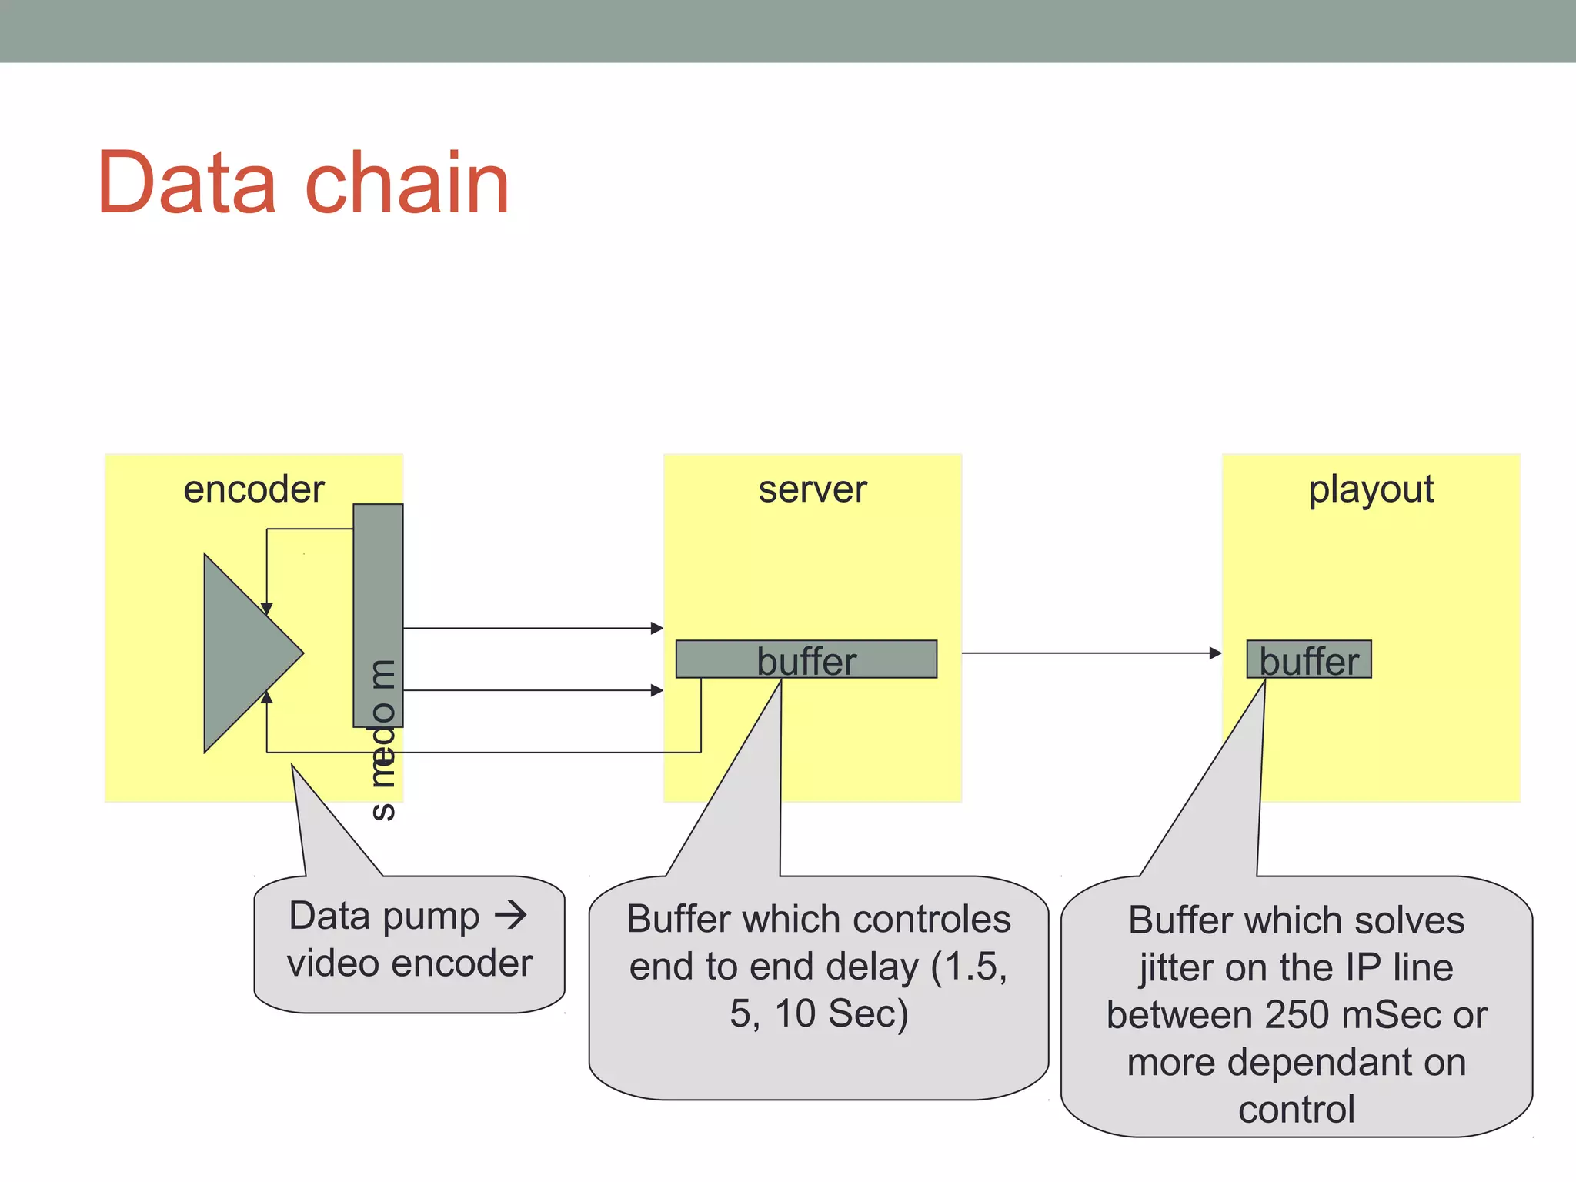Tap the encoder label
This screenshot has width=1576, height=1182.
[x=254, y=489]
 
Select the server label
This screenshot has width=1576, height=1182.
[x=813, y=489]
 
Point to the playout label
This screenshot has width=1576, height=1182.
[x=1371, y=489]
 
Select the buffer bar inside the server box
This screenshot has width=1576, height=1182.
[x=806, y=659]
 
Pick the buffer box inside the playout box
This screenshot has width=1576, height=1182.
[x=1308, y=659]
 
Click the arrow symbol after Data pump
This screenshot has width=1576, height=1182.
[x=510, y=916]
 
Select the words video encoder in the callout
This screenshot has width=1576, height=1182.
[x=409, y=963]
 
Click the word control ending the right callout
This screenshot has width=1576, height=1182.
[x=1296, y=1110]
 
